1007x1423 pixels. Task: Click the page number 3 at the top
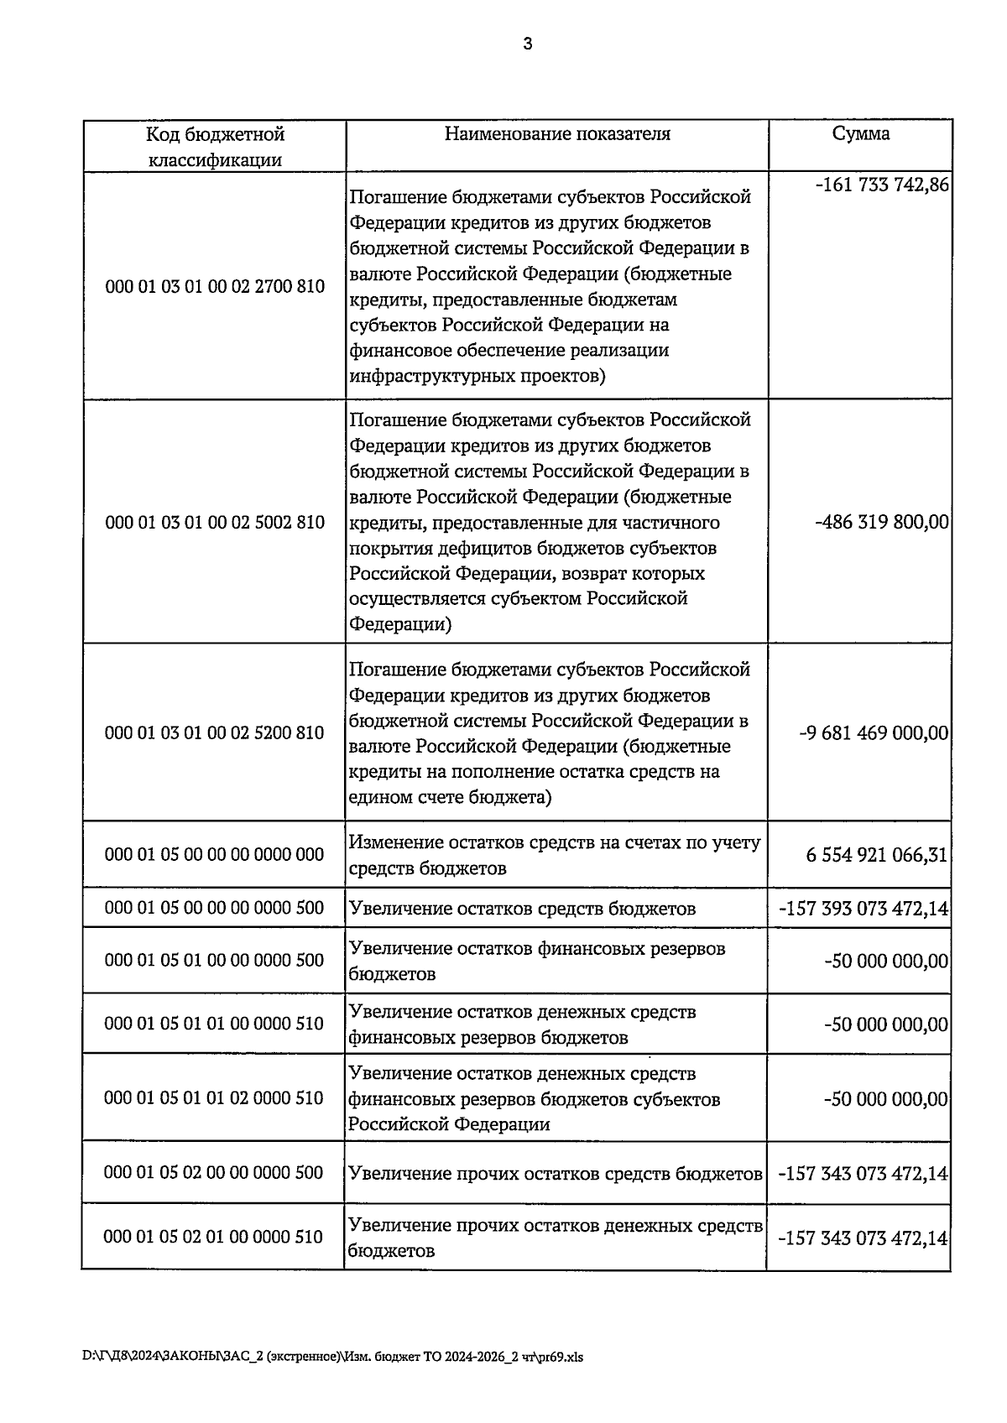pyautogui.click(x=527, y=45)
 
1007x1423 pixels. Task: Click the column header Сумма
pyautogui.click(x=861, y=134)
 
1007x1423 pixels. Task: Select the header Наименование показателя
pyautogui.click(x=557, y=134)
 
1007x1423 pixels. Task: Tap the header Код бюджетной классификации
pyautogui.click(x=215, y=147)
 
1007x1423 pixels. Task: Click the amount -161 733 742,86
pyautogui.click(x=881, y=185)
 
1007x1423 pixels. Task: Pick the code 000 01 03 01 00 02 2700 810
pyautogui.click(x=215, y=287)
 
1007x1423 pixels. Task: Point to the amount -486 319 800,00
pyautogui.click(x=881, y=523)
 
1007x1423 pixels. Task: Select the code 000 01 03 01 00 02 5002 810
pyautogui.click(x=215, y=523)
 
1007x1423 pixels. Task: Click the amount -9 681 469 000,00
pyautogui.click(x=874, y=733)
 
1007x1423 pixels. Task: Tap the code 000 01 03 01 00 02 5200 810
pyautogui.click(x=215, y=733)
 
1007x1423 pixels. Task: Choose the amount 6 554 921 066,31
pyautogui.click(x=877, y=855)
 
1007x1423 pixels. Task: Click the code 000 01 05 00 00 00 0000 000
pyautogui.click(x=215, y=855)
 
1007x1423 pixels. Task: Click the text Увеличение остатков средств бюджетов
pyautogui.click(x=522, y=909)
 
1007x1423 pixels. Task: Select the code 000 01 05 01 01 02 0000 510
pyautogui.click(x=215, y=1098)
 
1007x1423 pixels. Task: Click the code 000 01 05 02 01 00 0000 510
pyautogui.click(x=215, y=1237)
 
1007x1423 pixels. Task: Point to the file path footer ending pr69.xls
pyautogui.click(x=332, y=1357)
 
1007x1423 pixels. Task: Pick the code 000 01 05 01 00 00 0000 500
pyautogui.click(x=215, y=961)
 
